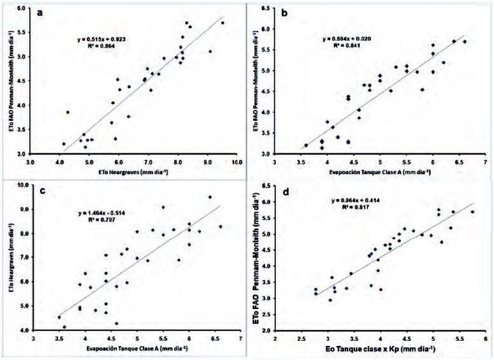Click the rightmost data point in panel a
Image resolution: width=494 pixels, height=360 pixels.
(x=222, y=23)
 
